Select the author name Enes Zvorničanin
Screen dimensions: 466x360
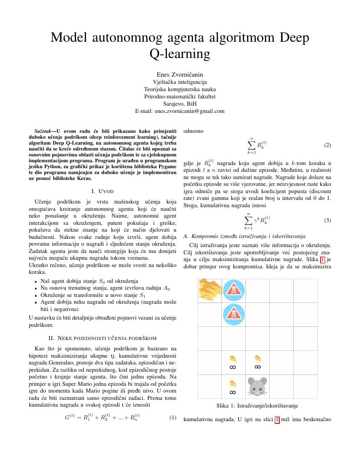[x=180, y=74]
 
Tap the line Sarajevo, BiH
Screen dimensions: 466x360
[x=180, y=103]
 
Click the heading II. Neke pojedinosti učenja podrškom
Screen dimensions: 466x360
[x=102, y=338]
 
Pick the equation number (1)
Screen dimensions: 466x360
[x=172, y=417]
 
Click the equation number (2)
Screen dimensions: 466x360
[x=327, y=146]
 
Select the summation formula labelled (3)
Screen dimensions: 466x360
[x=256, y=221]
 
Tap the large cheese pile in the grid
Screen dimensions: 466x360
[x=210, y=290]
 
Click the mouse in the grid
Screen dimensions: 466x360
[x=258, y=387]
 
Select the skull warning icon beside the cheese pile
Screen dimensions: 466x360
[x=234, y=290]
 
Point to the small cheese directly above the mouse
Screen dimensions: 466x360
[x=258, y=361]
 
